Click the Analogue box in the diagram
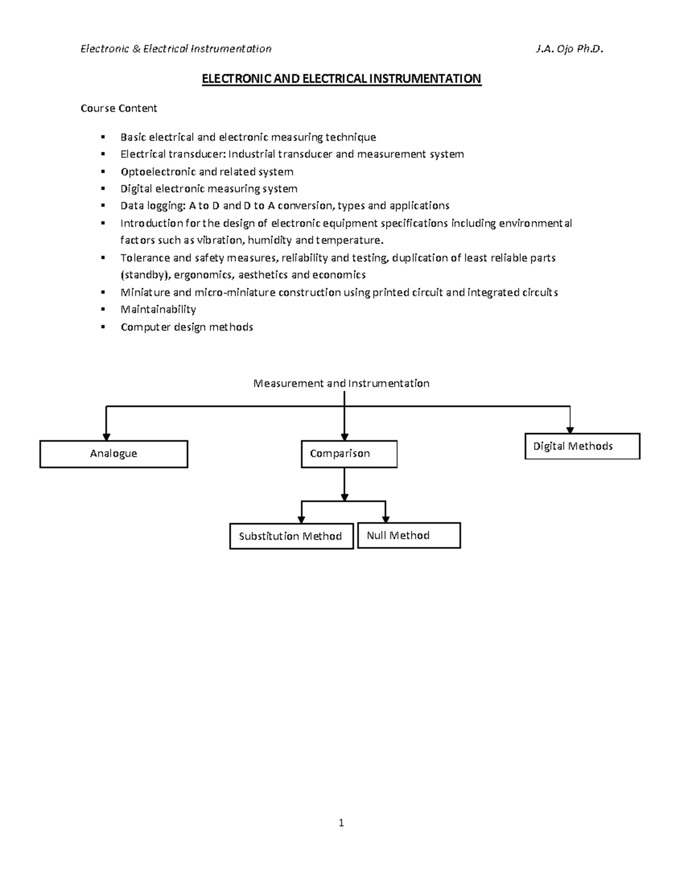113,454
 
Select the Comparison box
349,454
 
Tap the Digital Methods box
582,446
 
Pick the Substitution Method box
291,536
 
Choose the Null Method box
409,536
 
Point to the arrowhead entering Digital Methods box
570,430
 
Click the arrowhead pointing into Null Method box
386,519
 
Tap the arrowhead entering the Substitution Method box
302,519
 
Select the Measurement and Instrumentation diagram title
341,384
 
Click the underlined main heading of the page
341,79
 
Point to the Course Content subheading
119,108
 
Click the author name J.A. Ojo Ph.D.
569,49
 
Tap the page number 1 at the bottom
341,823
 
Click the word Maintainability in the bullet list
158,309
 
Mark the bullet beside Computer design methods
103,327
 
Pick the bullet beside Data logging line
103,206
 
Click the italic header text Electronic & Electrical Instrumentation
176,49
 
